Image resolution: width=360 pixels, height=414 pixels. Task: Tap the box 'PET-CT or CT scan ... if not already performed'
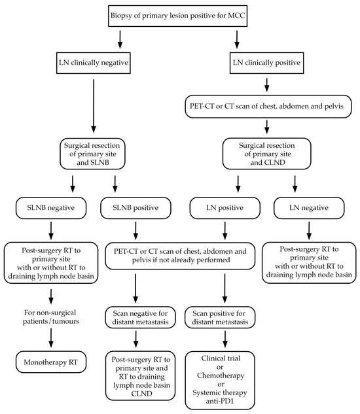(181, 256)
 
